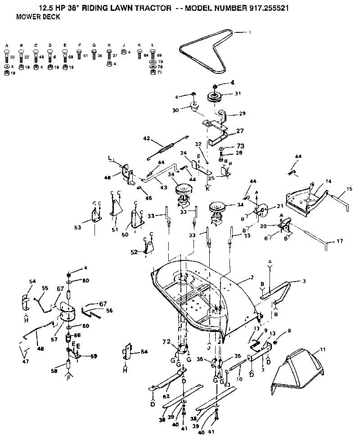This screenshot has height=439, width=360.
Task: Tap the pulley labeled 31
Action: pos(217,97)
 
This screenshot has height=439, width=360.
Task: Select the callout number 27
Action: pos(239,131)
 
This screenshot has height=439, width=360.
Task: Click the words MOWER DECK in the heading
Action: pos(35,17)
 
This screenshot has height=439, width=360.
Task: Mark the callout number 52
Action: pos(134,252)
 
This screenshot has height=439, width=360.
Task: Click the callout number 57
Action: pos(54,327)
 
